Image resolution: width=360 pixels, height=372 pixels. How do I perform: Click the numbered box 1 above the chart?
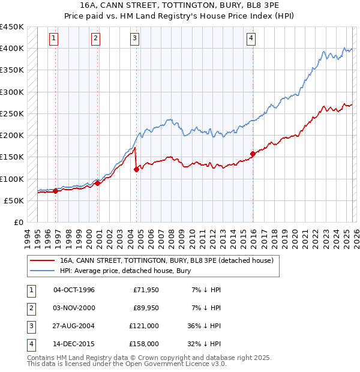tap(54, 38)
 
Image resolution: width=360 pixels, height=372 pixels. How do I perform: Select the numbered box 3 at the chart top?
tap(134, 38)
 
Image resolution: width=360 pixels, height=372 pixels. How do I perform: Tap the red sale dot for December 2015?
tap(253, 154)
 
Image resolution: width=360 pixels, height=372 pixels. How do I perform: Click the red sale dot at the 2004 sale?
tap(137, 169)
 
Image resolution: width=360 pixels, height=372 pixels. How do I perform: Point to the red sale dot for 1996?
tap(56, 191)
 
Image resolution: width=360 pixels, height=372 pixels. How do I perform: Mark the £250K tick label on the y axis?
tap(12, 113)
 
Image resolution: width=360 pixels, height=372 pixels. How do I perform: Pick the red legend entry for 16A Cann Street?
tap(166, 260)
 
